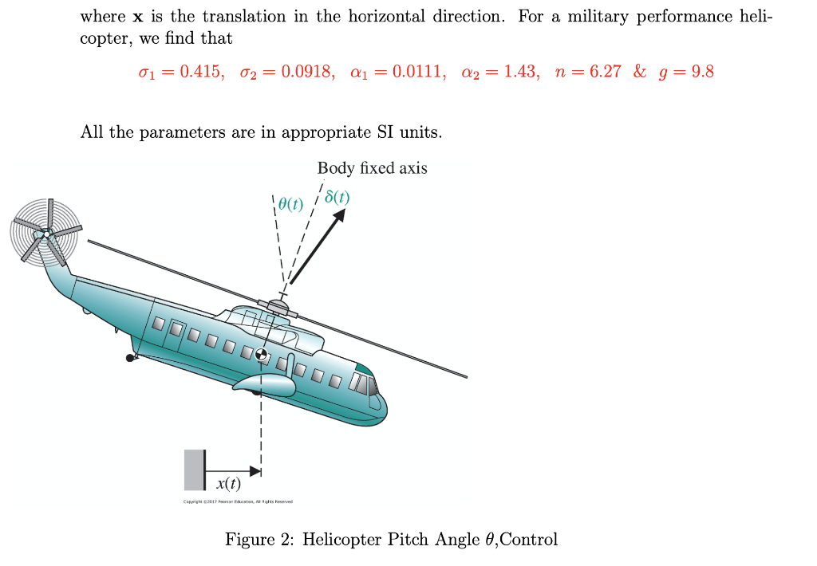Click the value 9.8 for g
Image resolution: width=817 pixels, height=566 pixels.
(x=702, y=73)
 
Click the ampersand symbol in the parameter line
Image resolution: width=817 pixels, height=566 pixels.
(x=640, y=73)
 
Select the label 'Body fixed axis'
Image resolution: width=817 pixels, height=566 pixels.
(x=372, y=168)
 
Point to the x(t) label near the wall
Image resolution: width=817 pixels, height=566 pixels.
(x=228, y=483)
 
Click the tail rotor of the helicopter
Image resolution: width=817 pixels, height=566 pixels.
(x=45, y=232)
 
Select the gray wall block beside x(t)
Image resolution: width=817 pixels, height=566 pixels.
(x=194, y=470)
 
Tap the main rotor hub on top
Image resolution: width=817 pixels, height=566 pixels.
(x=278, y=305)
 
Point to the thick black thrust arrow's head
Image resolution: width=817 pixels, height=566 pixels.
(x=341, y=218)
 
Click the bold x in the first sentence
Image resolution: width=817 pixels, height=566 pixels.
(x=137, y=18)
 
